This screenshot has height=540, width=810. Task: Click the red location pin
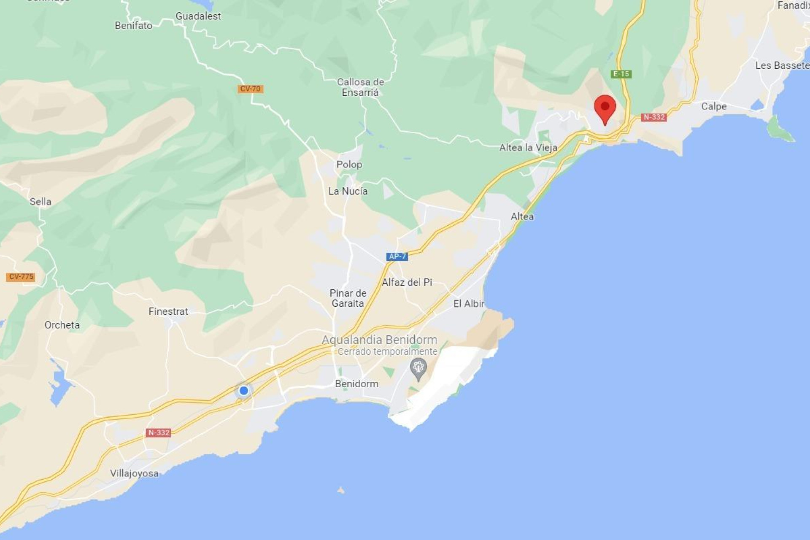coord(605,108)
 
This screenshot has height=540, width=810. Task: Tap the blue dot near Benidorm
coord(243,391)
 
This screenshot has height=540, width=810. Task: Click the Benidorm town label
coord(356,383)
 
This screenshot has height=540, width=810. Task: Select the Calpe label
coord(714,106)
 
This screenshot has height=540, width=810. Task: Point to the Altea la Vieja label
coord(528,148)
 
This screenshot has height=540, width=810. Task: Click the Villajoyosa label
coord(134,473)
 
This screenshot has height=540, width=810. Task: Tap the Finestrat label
coord(168,311)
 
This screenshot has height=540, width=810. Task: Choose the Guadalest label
coord(198,16)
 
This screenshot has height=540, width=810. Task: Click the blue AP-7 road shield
coord(397,256)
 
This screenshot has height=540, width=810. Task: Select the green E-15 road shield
coord(621,74)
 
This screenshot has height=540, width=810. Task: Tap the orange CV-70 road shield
coord(250,89)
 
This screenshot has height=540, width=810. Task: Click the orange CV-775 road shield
coord(21,277)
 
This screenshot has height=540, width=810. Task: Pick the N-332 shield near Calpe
coord(653,117)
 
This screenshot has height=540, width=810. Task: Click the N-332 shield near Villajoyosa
coord(158,432)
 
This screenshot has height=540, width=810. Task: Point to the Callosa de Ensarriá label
coord(360,87)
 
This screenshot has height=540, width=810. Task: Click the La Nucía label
coord(348,191)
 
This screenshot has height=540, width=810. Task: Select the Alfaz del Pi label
coord(407,282)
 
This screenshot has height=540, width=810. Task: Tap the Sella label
coord(40,202)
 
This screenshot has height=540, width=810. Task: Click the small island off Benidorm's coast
coord(341,490)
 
